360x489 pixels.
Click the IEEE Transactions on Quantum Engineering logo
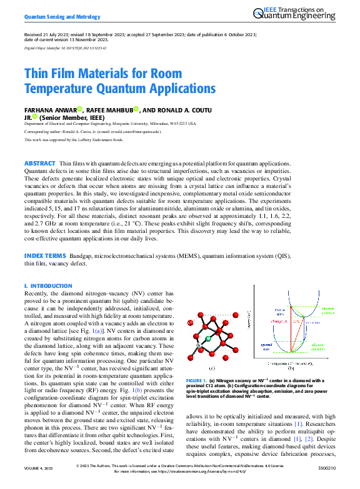point(297,14)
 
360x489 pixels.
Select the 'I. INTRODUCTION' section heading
point(48,286)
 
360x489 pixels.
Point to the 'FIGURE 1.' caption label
point(196,380)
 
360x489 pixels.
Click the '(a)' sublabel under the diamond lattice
point(212,368)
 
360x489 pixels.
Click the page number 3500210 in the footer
point(326,468)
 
